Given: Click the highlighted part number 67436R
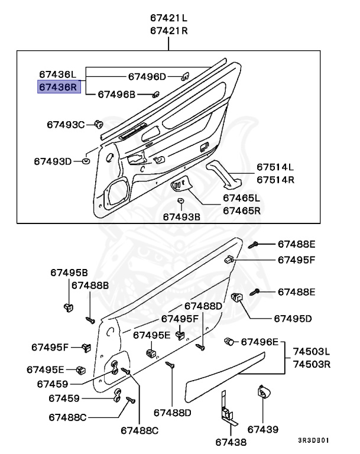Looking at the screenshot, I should [58, 87].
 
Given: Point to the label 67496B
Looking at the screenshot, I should [116, 94].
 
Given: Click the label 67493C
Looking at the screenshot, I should [66, 124].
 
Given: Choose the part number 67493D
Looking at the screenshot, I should [53, 161].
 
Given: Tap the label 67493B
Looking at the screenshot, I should [181, 217].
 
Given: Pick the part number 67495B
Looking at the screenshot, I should [69, 273].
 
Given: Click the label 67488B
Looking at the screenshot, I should [90, 285].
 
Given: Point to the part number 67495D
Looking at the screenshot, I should [293, 318].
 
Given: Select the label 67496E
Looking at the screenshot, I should [259, 342].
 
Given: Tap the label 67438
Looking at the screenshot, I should [229, 441].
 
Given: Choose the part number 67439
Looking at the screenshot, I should [262, 429].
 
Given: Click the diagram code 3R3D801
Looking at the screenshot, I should [313, 440].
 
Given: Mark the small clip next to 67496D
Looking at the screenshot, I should [184, 76].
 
